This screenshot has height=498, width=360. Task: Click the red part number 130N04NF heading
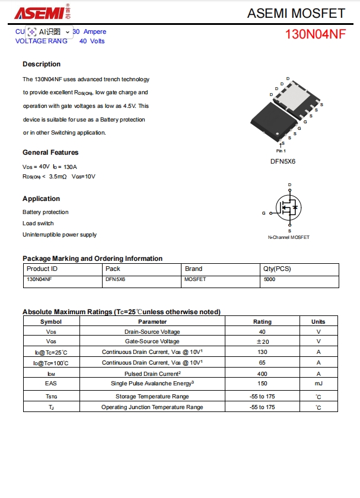click(315, 34)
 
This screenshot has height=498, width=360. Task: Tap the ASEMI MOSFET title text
click(296, 12)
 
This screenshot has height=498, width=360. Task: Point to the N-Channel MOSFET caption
click(289, 237)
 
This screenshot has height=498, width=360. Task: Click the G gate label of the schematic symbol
click(263, 213)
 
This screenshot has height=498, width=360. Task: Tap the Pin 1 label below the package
click(281, 151)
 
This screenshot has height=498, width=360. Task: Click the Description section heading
click(42, 64)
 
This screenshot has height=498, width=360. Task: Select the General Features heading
click(50, 152)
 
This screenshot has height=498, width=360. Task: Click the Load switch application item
click(38, 224)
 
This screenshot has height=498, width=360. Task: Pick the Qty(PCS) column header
click(277, 269)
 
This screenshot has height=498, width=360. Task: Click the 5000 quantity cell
click(269, 279)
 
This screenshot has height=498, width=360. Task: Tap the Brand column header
click(193, 269)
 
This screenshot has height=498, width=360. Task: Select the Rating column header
click(262, 321)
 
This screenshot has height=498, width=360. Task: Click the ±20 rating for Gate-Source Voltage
click(262, 341)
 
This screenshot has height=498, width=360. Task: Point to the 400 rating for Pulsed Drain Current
click(262, 374)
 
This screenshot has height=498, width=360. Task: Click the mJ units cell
click(318, 384)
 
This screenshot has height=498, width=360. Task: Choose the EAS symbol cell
click(51, 384)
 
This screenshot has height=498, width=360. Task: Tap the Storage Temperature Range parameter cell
click(152, 396)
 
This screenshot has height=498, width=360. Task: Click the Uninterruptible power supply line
click(59, 235)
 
